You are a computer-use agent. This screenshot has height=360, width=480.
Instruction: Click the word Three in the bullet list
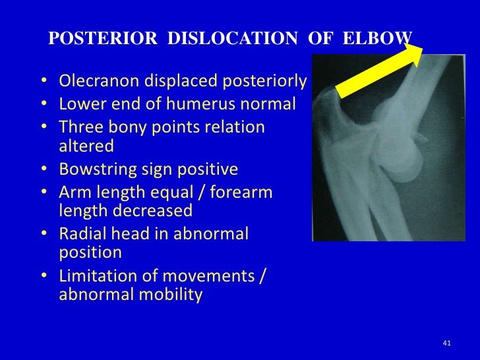tap(80, 126)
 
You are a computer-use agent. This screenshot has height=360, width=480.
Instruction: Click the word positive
tap(206, 169)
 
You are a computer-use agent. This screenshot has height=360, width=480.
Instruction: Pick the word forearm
tap(245, 192)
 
